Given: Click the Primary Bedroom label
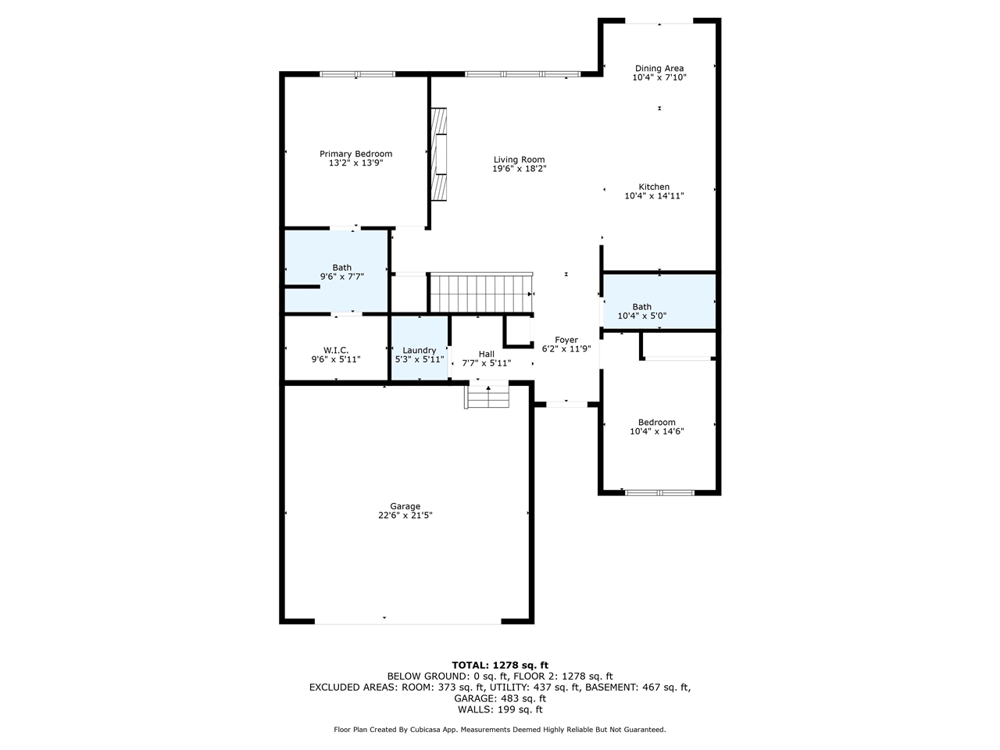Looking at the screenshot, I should coord(355,154).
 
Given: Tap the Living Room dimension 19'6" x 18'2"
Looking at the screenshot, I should coord(519,169).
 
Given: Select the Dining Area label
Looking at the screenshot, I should coord(659,69).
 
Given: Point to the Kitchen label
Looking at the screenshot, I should coord(654,187).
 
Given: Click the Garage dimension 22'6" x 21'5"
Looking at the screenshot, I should coord(405,516).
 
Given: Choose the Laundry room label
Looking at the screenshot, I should coord(419,350).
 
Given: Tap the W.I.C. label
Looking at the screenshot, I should coord(335,350).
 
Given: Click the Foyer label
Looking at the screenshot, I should coord(566,340).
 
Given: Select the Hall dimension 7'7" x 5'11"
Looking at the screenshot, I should coord(486,363).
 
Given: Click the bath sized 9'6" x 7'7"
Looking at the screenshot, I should coord(341,272).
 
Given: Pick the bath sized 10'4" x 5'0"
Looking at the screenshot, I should coord(642,311).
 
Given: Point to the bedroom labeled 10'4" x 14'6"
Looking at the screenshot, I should coord(656,427).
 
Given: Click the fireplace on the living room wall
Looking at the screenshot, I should coord(440,155).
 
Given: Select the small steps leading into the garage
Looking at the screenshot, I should coord(487,396).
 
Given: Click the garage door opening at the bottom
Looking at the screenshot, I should coord(408,621).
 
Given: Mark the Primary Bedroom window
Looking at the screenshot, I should coord(357,74).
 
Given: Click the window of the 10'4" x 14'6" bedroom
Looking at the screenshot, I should coord(659,493).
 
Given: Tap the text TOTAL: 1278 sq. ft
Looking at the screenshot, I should coord(500,665).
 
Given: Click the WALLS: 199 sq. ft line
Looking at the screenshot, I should coord(500,709).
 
